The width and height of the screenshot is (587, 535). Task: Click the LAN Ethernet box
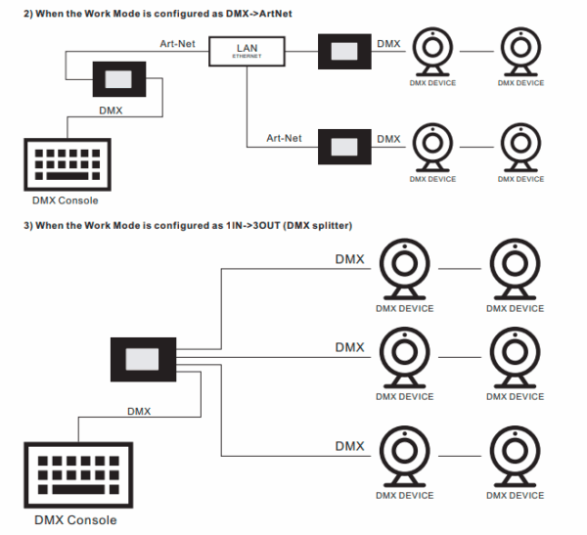click(x=247, y=51)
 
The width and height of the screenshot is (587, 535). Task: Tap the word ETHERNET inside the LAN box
click(x=247, y=57)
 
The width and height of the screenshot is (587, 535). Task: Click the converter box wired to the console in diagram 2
click(x=119, y=80)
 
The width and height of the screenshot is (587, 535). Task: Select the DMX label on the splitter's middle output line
click(x=349, y=347)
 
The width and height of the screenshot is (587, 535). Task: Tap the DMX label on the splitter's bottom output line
click(x=349, y=446)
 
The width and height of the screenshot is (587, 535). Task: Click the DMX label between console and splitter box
click(x=139, y=412)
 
